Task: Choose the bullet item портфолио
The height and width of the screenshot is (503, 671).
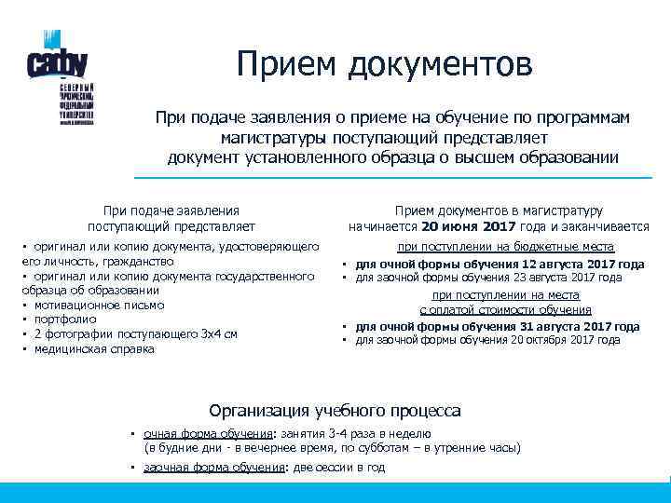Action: pos(62,319)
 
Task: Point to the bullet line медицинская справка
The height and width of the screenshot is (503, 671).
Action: pos(94,349)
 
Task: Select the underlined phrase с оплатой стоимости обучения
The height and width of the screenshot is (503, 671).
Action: pos(506,309)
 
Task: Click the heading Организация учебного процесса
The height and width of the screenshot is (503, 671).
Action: pos(335,410)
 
